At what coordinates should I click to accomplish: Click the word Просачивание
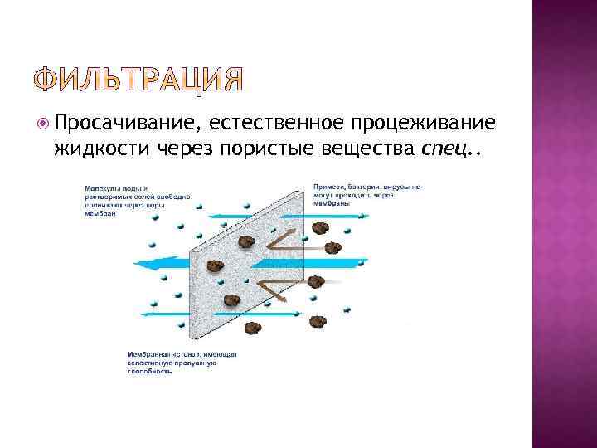click(124, 124)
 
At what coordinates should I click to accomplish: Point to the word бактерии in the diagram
click(363, 187)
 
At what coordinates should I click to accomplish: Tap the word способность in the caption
click(150, 372)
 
